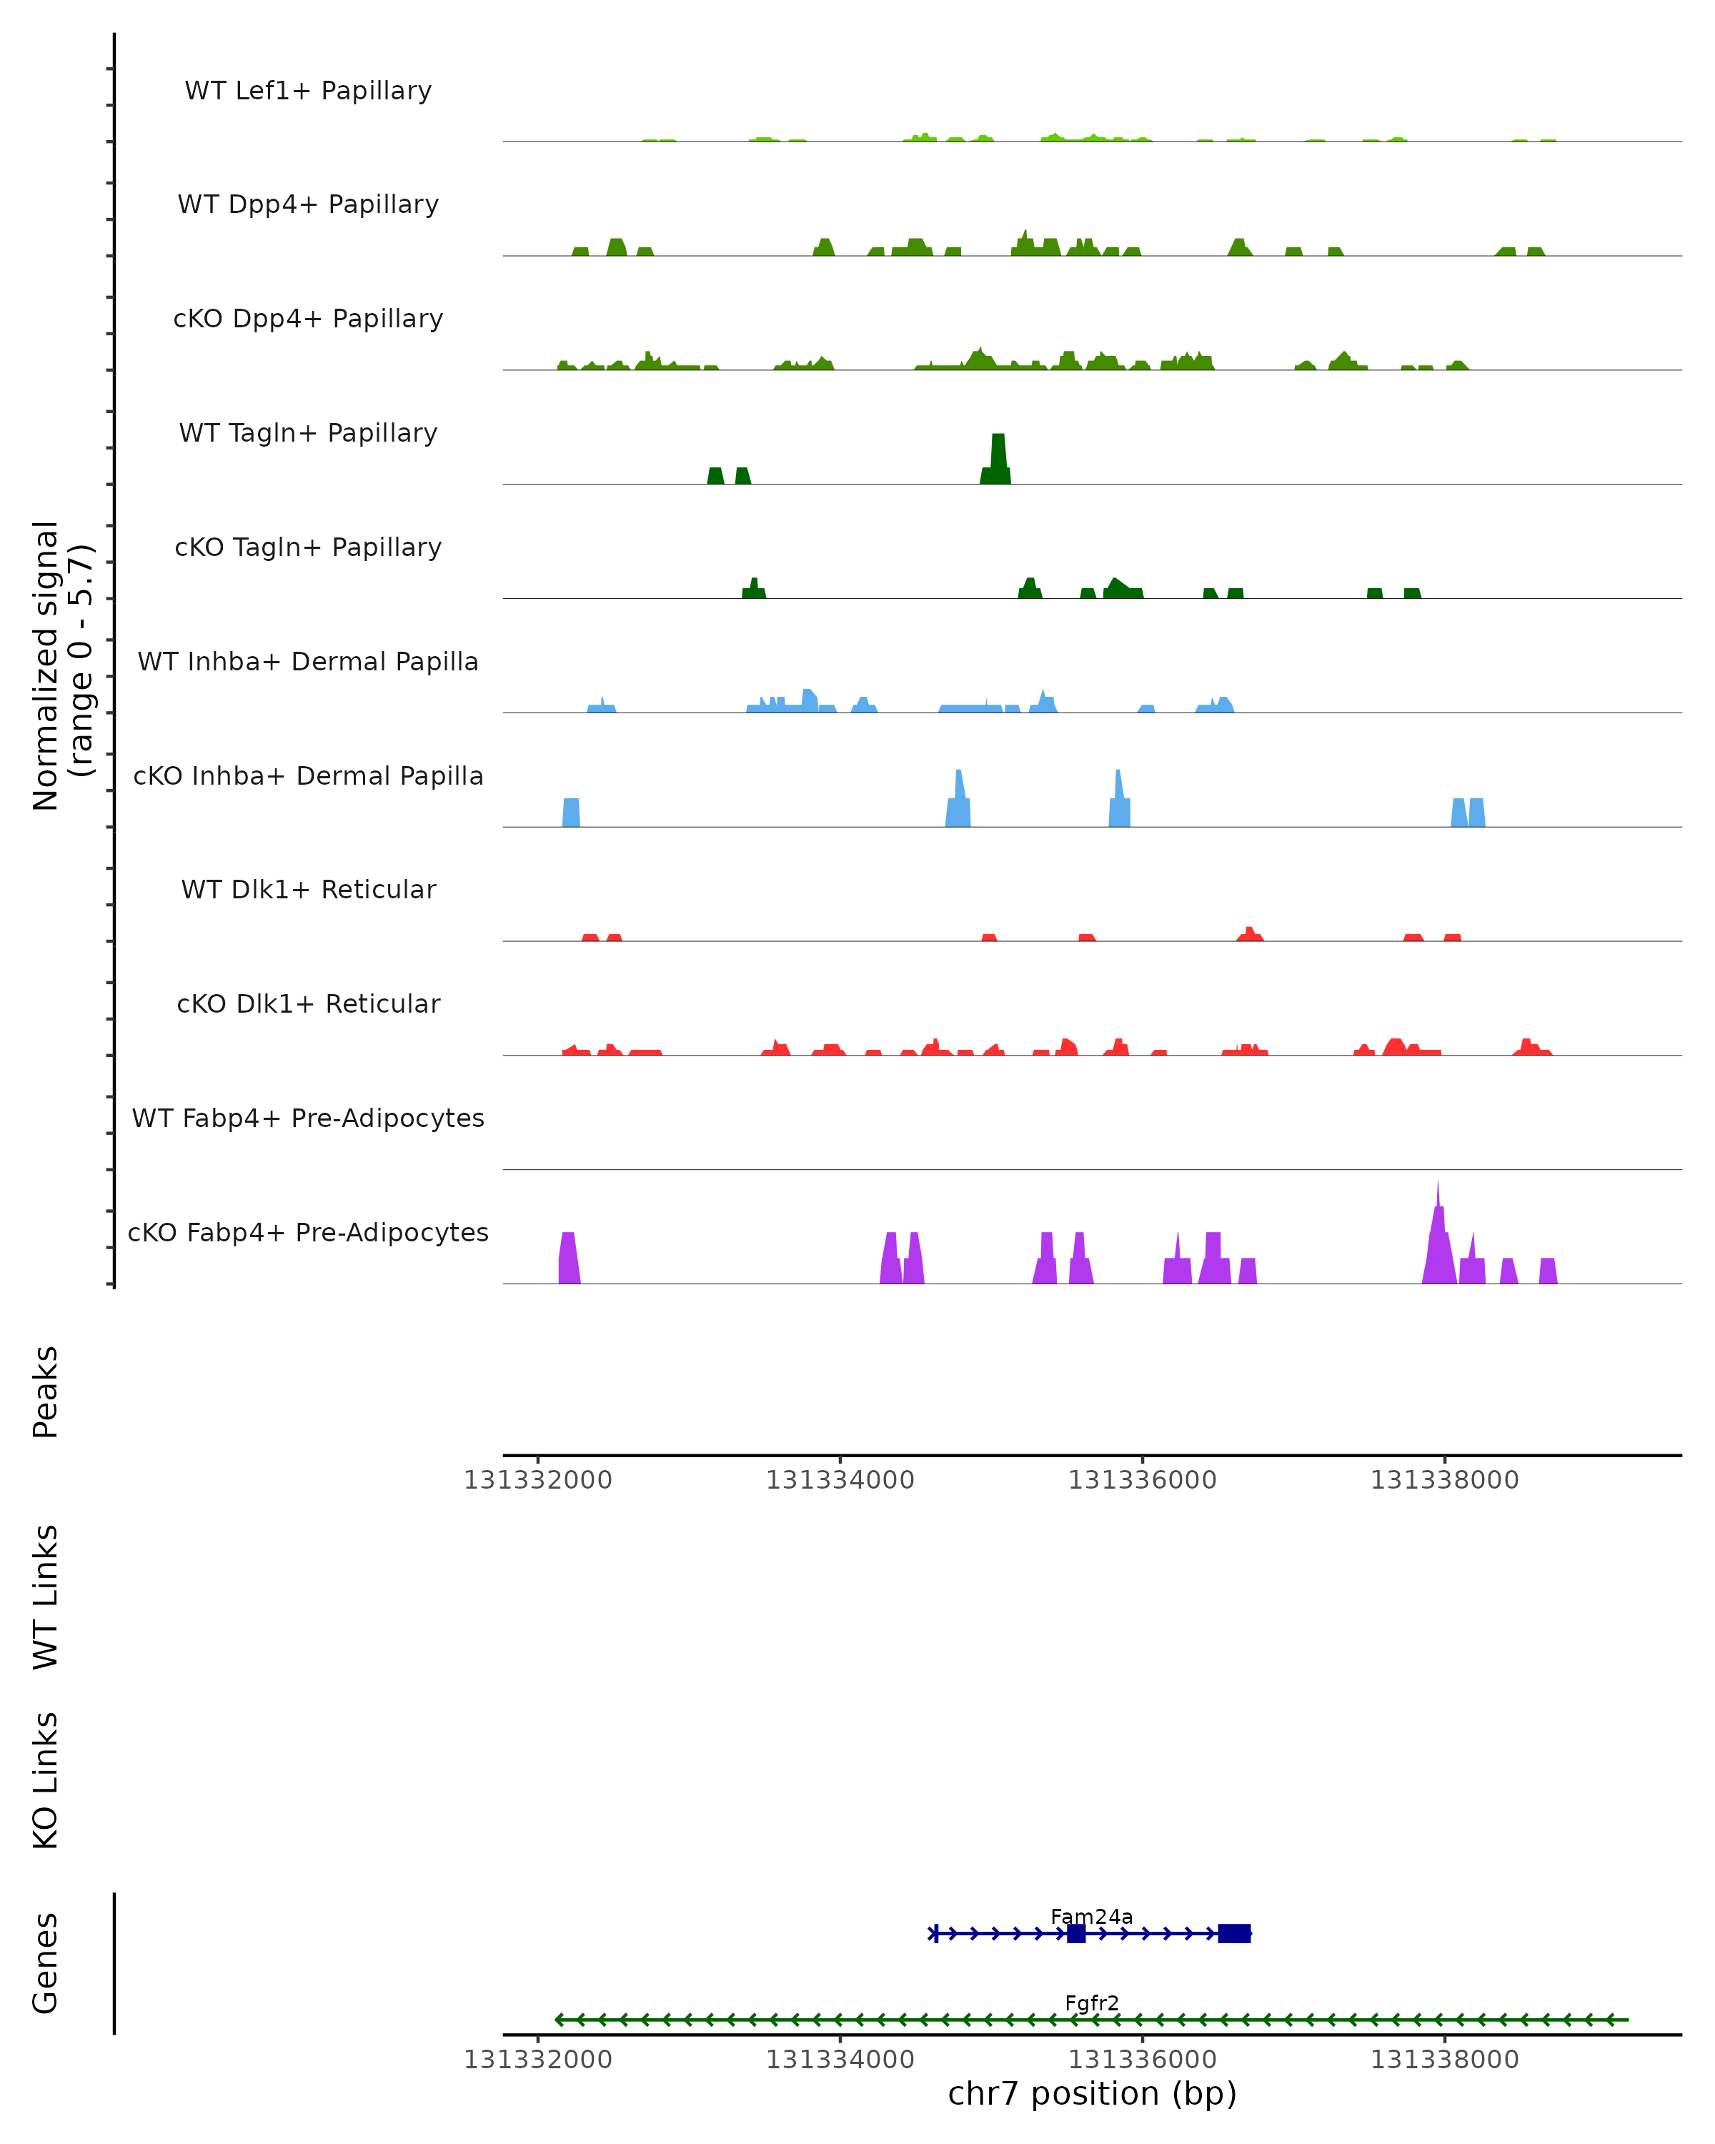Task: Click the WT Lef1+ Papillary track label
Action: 308,91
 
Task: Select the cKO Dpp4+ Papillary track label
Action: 308,319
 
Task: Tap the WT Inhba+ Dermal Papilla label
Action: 308,662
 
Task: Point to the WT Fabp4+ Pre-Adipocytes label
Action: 308,1118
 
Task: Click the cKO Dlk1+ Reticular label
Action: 308,1004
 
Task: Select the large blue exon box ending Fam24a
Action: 1234,1933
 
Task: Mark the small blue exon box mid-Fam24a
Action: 1075,1933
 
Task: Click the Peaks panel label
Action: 46,1391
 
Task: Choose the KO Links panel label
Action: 46,1780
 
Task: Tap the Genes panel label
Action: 46,1963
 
